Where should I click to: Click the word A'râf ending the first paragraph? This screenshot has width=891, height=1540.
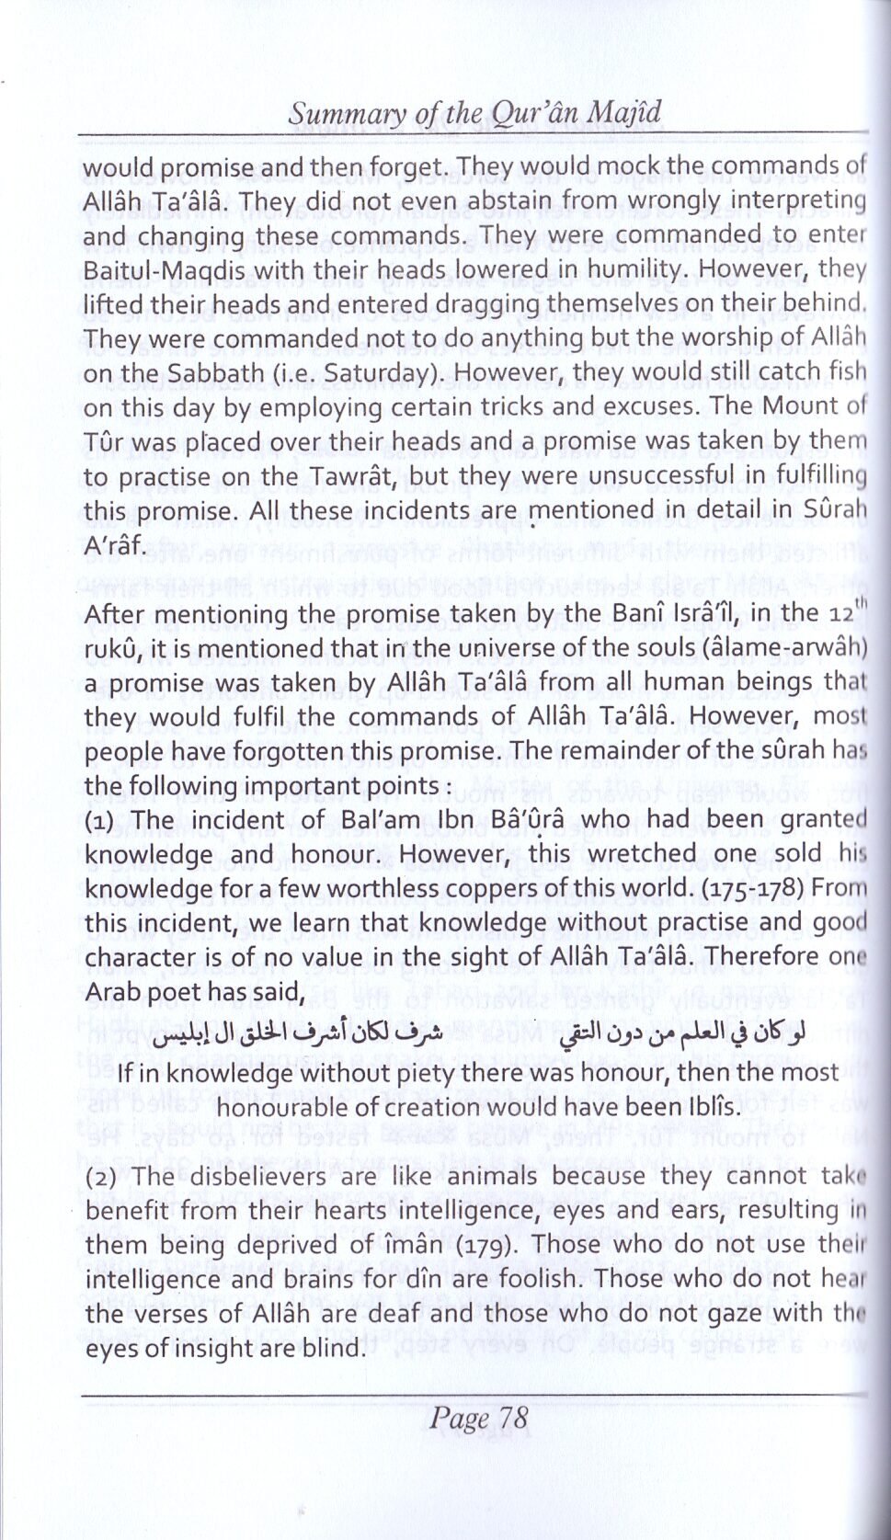pyautogui.click(x=113, y=545)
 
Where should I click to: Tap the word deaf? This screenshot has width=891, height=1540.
pyautogui.click(x=389, y=1314)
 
